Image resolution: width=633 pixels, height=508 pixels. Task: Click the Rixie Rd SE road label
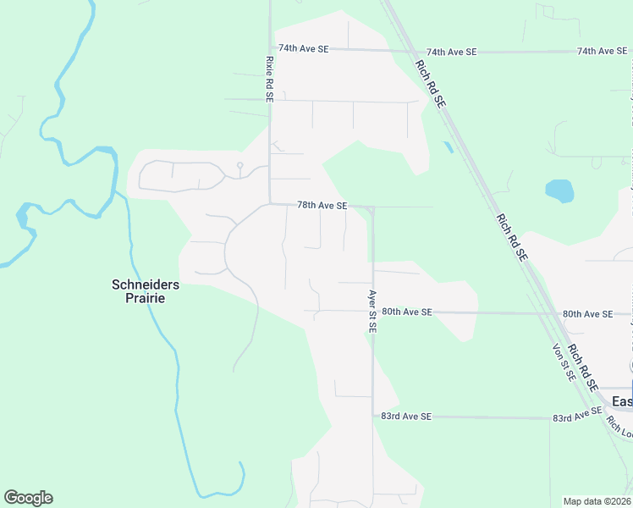click(269, 79)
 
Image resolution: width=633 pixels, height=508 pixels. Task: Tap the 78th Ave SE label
click(322, 206)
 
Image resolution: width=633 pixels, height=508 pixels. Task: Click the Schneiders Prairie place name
click(146, 291)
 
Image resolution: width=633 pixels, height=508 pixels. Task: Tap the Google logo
click(28, 498)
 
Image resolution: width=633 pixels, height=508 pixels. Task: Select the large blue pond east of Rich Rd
click(559, 190)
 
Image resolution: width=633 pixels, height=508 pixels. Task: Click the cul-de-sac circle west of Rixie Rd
click(240, 165)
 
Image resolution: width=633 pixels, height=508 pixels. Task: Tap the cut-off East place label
click(622, 400)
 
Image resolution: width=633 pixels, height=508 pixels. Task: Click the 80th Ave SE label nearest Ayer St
click(407, 312)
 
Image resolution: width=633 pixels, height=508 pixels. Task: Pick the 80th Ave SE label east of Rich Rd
click(587, 314)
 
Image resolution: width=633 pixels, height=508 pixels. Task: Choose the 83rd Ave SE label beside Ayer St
click(406, 417)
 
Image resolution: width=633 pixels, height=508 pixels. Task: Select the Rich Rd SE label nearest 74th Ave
click(430, 81)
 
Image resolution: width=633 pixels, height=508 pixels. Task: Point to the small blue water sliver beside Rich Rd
click(448, 146)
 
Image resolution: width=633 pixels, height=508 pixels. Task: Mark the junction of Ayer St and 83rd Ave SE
click(372, 416)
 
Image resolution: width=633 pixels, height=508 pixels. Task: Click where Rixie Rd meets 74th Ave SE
click(270, 48)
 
